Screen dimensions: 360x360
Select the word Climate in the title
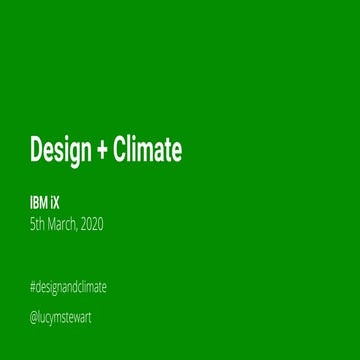150,151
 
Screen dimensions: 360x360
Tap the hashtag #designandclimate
68,288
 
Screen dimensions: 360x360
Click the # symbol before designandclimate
34,288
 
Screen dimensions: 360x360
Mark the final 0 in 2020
100,224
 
